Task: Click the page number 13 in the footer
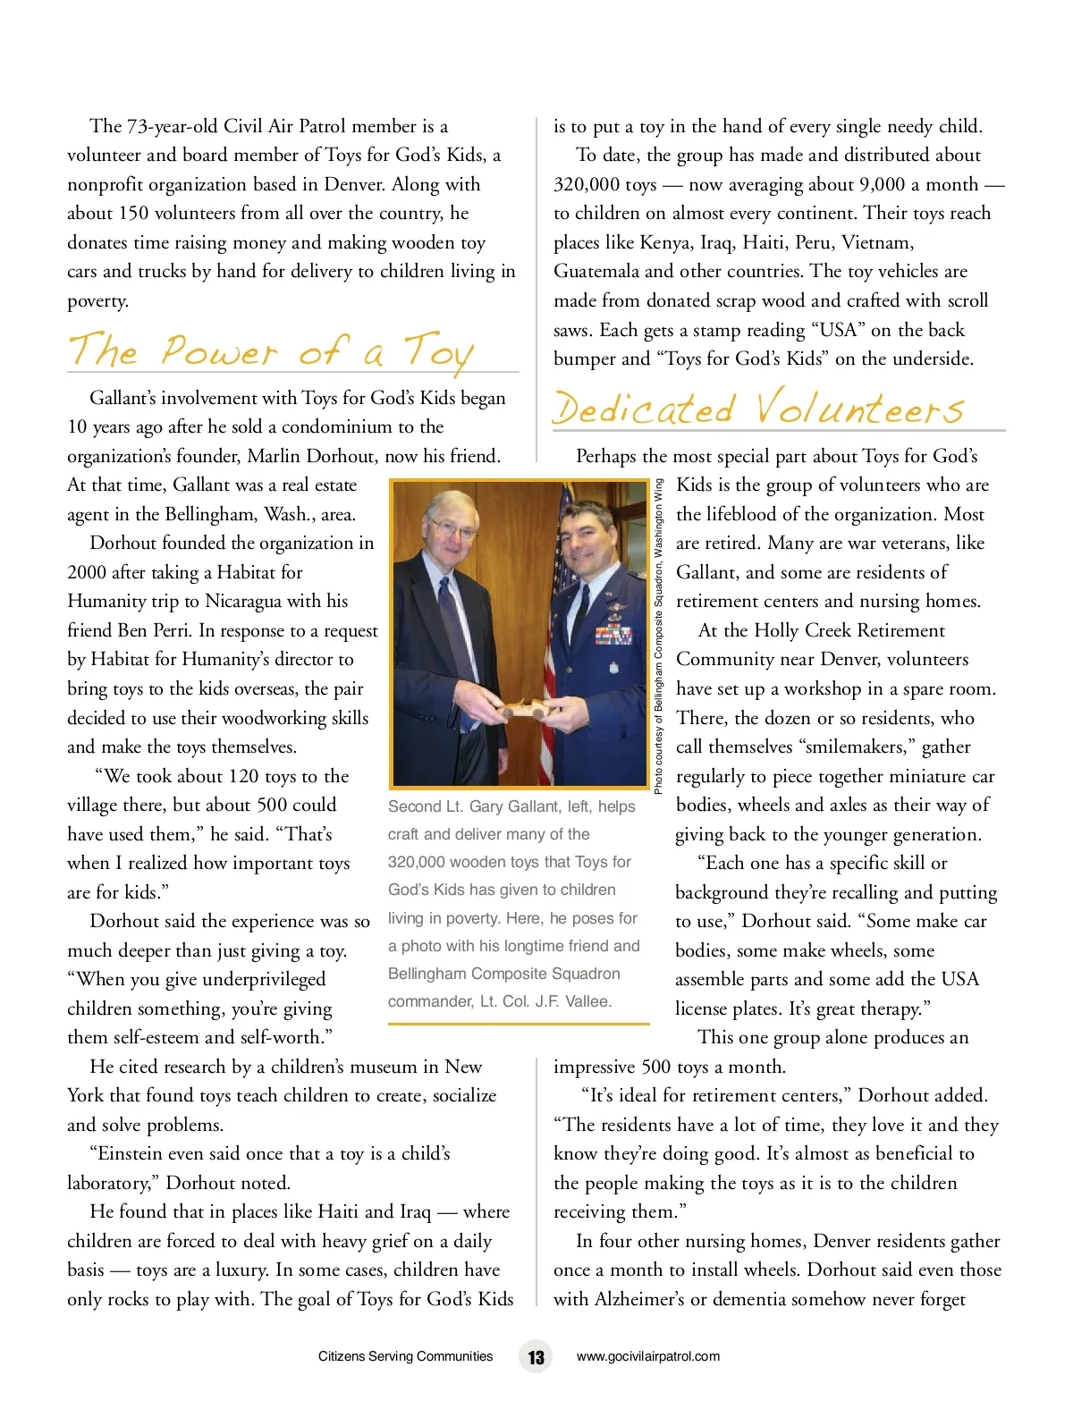(x=536, y=1356)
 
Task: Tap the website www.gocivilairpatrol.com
(x=647, y=1356)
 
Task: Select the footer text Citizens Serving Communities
(x=405, y=1356)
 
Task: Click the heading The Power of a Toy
(x=270, y=350)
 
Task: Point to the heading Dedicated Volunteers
(x=758, y=409)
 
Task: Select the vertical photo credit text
(x=658, y=637)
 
